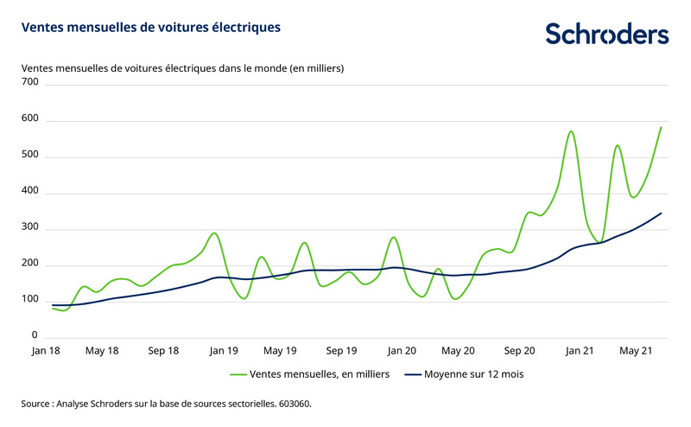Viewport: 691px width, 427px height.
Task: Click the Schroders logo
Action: pyautogui.click(x=606, y=34)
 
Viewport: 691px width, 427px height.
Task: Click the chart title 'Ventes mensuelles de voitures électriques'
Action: pyautogui.click(x=150, y=28)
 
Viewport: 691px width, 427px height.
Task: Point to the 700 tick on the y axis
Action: pyautogui.click(x=30, y=82)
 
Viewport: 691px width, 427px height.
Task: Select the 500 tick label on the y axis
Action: pyautogui.click(x=30, y=155)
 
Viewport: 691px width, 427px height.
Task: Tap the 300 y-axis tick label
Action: pyautogui.click(x=30, y=227)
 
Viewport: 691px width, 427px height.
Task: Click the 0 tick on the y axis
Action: pyautogui.click(x=35, y=335)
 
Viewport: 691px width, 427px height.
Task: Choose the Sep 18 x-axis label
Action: pyautogui.click(x=163, y=351)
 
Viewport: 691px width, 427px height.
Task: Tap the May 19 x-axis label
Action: pyautogui.click(x=280, y=351)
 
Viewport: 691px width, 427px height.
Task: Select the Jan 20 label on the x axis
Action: pyautogui.click(x=402, y=351)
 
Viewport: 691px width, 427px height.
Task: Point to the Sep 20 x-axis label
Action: pyautogui.click(x=519, y=351)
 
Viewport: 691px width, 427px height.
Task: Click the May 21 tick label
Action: pyautogui.click(x=636, y=351)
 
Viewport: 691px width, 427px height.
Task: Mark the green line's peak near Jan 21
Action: pyautogui.click(x=571, y=131)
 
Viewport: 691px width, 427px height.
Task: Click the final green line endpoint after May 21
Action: pyautogui.click(x=661, y=128)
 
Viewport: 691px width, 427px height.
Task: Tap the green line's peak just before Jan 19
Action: pyautogui.click(x=214, y=233)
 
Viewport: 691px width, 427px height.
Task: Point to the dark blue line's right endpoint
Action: pyautogui.click(x=661, y=213)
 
